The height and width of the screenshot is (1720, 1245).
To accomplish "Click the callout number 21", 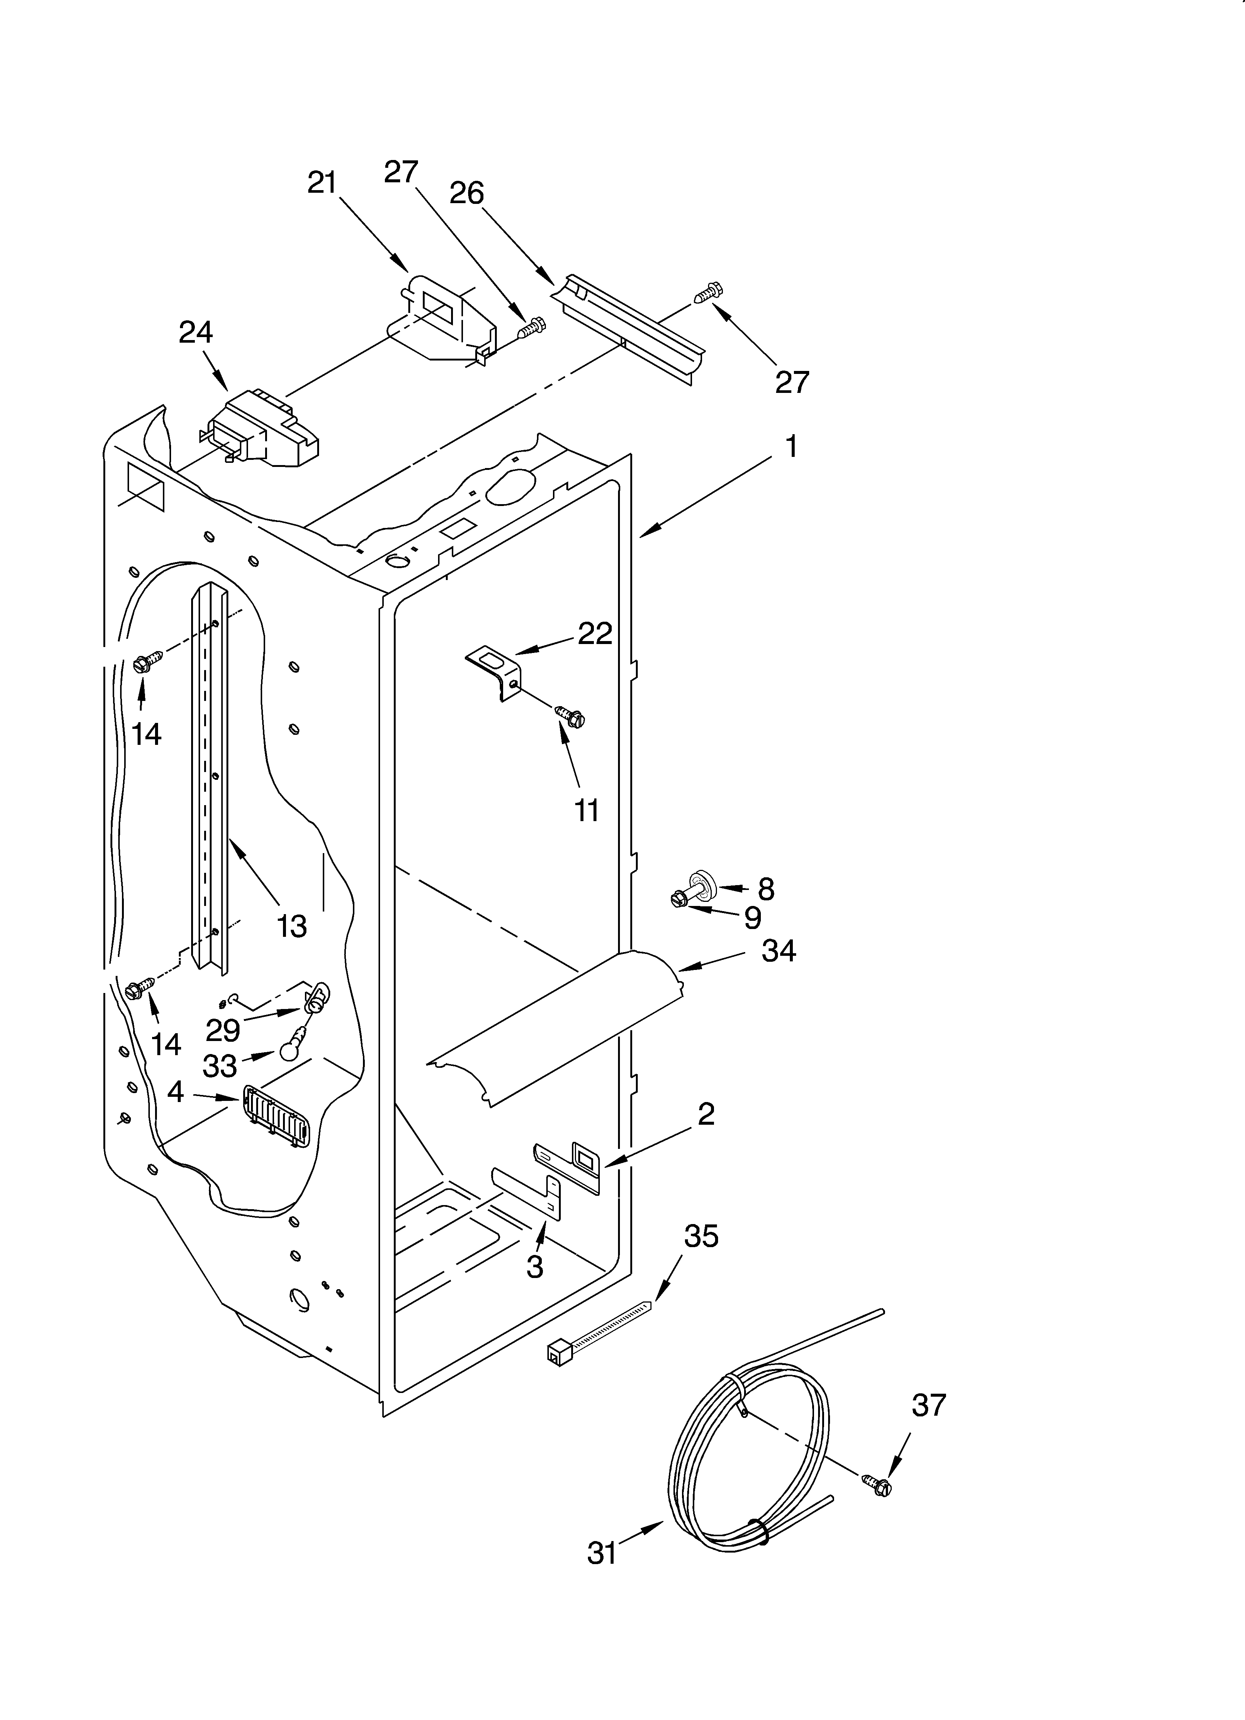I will pyautogui.click(x=322, y=183).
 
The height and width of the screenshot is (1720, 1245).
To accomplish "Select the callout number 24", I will pyautogui.click(x=196, y=332).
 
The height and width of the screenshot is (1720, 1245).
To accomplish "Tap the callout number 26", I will pyautogui.click(x=466, y=193).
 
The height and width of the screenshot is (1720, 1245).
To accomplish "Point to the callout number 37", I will pyautogui.click(x=929, y=1405).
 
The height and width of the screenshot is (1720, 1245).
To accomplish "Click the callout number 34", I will pyautogui.click(x=779, y=950).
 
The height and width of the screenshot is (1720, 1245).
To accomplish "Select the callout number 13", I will pyautogui.click(x=292, y=926).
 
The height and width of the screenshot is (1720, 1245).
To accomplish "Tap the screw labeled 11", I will pyautogui.click(x=570, y=714).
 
